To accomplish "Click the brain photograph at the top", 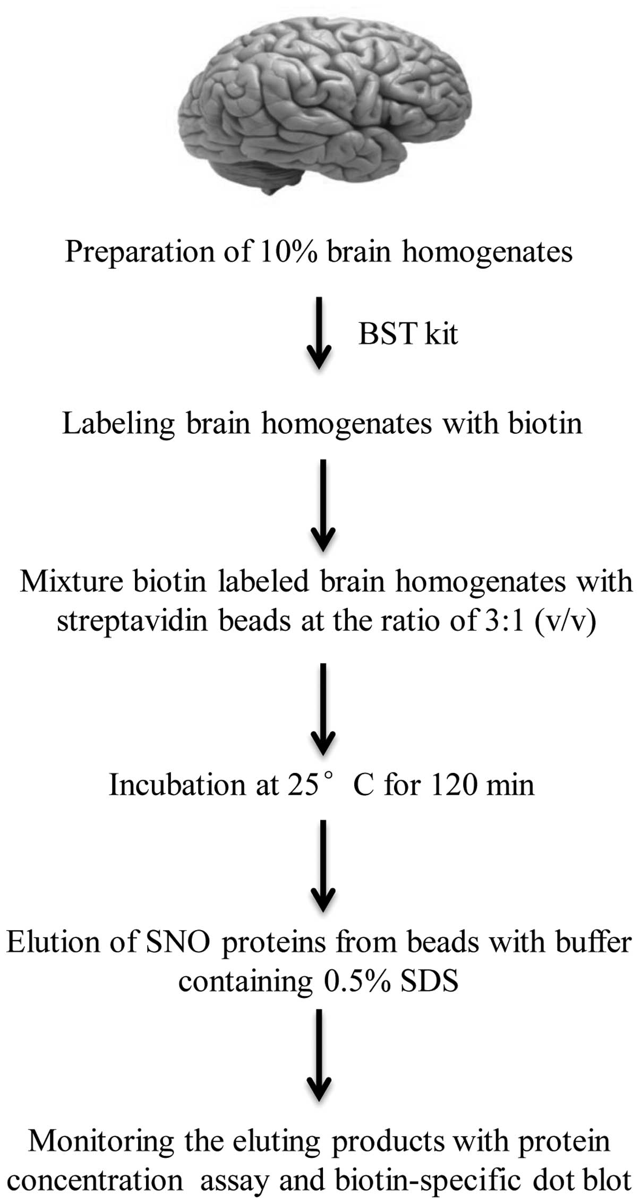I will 324,101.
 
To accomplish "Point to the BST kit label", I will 407,334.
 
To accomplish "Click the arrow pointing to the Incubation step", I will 322,709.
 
